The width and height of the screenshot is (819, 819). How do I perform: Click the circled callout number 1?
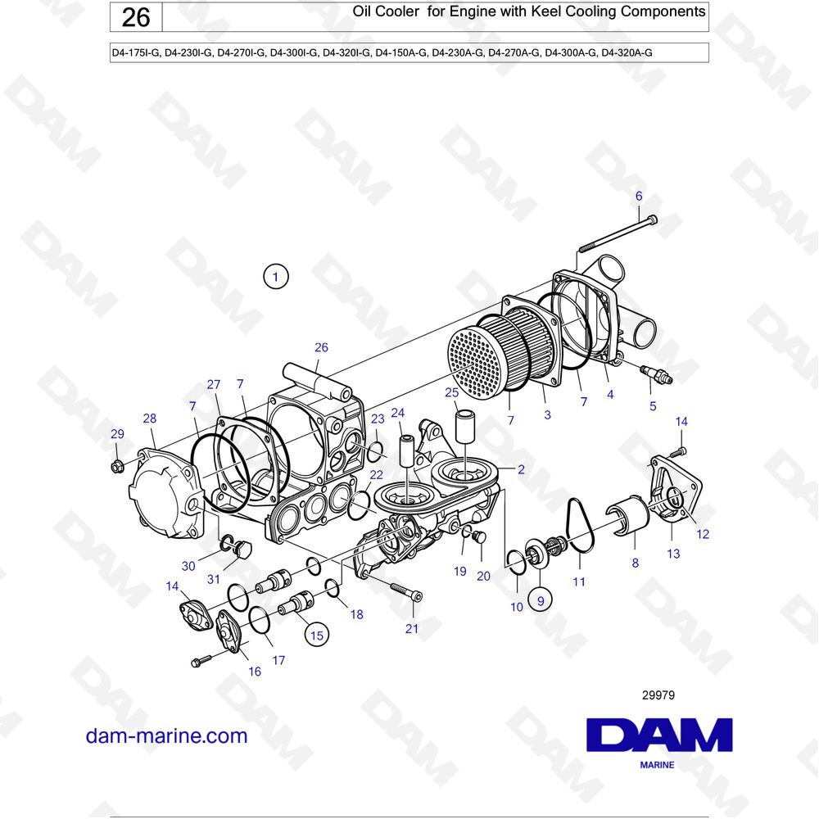[276, 278]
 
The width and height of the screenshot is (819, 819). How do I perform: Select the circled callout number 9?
[540, 600]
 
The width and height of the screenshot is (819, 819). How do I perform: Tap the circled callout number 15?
[315, 633]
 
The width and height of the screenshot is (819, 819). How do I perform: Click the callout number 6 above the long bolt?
[639, 196]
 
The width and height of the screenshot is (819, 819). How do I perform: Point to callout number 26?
[321, 347]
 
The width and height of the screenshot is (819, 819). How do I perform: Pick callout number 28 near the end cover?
[149, 419]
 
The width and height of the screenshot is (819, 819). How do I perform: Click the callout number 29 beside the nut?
[117, 434]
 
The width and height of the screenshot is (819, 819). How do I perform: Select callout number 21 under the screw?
[412, 628]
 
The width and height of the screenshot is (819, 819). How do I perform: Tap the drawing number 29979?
[658, 695]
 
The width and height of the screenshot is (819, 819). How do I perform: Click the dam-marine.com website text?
[166, 735]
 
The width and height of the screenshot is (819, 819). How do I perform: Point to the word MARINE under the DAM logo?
[657, 765]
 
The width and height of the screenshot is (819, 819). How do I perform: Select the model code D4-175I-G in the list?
[135, 53]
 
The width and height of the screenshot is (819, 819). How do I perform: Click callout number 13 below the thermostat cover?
[673, 554]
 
